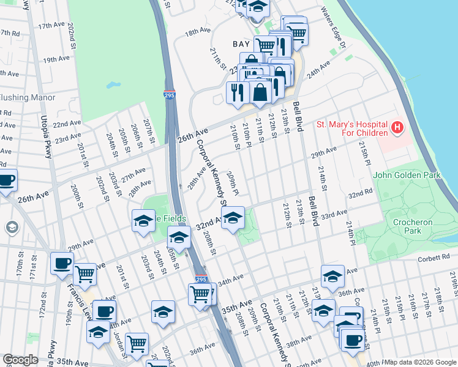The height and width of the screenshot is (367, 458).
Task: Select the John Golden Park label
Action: (406, 176)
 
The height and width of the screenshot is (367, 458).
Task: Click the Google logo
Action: (20, 360)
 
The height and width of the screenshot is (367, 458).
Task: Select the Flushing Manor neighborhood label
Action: (28, 97)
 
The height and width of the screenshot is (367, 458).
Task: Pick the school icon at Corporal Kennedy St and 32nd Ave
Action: (233, 217)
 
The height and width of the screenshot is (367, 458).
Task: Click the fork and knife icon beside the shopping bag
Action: (237, 92)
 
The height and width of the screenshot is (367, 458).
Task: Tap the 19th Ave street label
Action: (56, 59)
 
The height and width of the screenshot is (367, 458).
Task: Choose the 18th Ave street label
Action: (198, 31)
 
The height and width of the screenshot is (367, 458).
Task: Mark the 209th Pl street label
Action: (232, 181)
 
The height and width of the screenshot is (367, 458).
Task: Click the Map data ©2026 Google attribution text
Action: (421, 362)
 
